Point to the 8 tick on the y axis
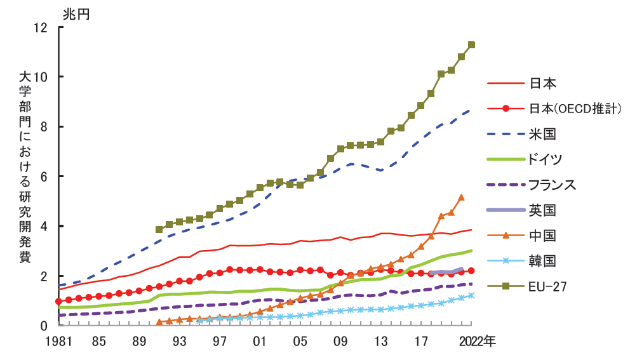pos(44,127)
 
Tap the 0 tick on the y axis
pos(44,326)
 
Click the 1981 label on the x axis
pos(58,341)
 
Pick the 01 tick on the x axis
pos(260,341)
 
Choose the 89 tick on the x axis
pos(139,341)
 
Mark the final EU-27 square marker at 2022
pos(471,45)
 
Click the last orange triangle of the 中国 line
pos(462,197)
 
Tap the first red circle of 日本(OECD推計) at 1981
pos(58,301)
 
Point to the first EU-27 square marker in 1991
pos(159,229)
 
